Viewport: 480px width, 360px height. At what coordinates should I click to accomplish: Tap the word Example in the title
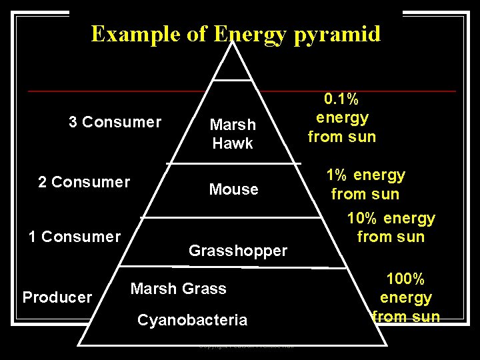pyautogui.click(x=137, y=34)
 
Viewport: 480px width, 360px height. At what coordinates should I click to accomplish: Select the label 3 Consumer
pyautogui.click(x=115, y=122)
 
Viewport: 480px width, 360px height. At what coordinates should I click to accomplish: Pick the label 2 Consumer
pyautogui.click(x=84, y=182)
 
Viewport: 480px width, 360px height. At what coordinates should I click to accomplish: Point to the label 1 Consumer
pyautogui.click(x=74, y=237)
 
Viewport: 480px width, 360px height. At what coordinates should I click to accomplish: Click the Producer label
pyautogui.click(x=57, y=297)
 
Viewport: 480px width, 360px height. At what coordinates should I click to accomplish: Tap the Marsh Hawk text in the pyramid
pyautogui.click(x=233, y=133)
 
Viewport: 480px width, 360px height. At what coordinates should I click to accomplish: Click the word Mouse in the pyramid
pyautogui.click(x=233, y=189)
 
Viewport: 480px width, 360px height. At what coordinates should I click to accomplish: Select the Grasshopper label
pyautogui.click(x=238, y=251)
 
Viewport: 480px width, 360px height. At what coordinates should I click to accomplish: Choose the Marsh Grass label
pyautogui.click(x=178, y=289)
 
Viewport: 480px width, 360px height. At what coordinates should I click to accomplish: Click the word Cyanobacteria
pyautogui.click(x=192, y=320)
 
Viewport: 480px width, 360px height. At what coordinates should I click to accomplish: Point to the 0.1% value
pyautogui.click(x=341, y=99)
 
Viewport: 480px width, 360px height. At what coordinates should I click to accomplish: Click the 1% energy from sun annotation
pyautogui.click(x=365, y=185)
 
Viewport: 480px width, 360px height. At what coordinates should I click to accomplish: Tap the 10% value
pyautogui.click(x=363, y=219)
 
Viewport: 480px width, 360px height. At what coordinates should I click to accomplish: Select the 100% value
pyautogui.click(x=406, y=279)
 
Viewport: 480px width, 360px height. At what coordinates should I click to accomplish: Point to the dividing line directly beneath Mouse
pyautogui.click(x=233, y=217)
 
